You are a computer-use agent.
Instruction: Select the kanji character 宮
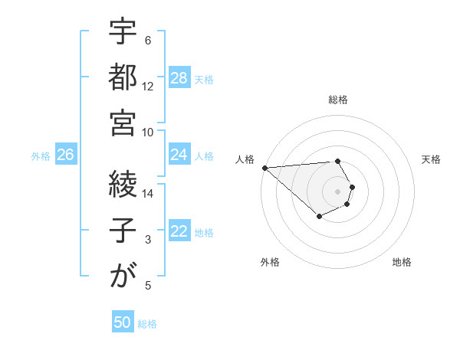click(x=123, y=123)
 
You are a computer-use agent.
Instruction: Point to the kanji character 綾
click(x=123, y=184)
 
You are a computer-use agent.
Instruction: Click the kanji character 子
click(x=123, y=230)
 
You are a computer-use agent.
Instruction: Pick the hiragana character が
click(x=123, y=276)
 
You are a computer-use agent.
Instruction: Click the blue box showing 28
click(x=179, y=78)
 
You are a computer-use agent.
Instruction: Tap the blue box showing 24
click(x=179, y=155)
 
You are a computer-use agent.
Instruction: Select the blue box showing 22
click(x=179, y=231)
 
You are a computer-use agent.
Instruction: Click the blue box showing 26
click(x=65, y=155)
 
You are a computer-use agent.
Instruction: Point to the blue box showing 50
click(x=122, y=322)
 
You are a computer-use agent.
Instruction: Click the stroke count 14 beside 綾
click(x=148, y=194)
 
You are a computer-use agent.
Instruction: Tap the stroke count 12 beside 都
click(x=148, y=87)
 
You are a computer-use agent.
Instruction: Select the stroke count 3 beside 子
click(x=148, y=240)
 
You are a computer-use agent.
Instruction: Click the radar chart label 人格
click(x=245, y=159)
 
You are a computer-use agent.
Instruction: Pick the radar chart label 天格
click(x=431, y=159)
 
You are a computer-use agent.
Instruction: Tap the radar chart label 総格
click(x=338, y=100)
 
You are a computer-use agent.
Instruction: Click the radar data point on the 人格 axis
click(x=264, y=167)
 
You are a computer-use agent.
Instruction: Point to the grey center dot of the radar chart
click(x=337, y=191)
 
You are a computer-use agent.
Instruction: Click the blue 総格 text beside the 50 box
click(x=147, y=324)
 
